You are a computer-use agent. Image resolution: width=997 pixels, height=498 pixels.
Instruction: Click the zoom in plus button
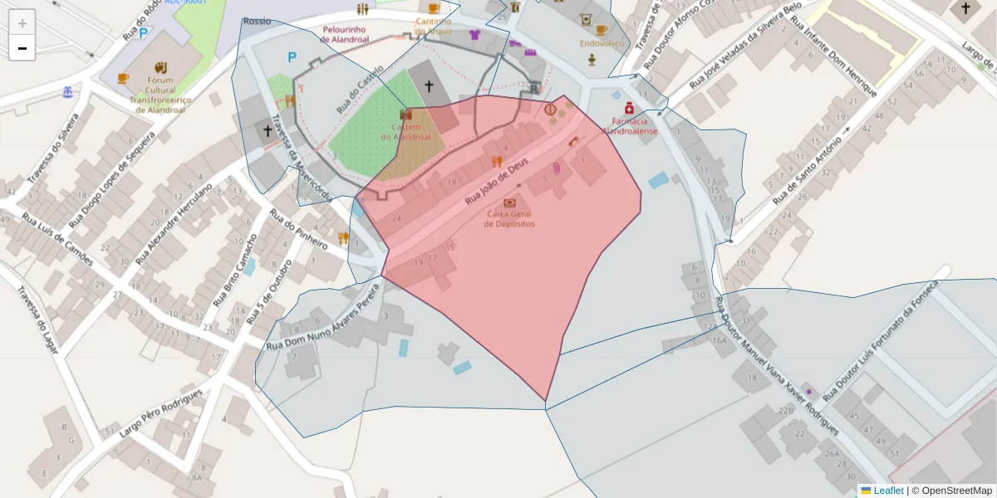22,23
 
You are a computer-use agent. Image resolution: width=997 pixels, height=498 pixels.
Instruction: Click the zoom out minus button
22,48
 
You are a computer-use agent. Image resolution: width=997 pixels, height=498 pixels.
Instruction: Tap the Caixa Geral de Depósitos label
510,218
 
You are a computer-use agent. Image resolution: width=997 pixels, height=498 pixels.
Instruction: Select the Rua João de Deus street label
496,183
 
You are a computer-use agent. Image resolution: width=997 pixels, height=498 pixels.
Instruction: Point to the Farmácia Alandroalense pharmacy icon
630,109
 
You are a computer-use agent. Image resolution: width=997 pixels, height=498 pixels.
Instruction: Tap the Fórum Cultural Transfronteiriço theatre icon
160,67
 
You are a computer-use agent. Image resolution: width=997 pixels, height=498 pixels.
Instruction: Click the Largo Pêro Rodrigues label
161,413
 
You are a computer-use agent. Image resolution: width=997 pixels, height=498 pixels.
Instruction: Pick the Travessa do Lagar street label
37,320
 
